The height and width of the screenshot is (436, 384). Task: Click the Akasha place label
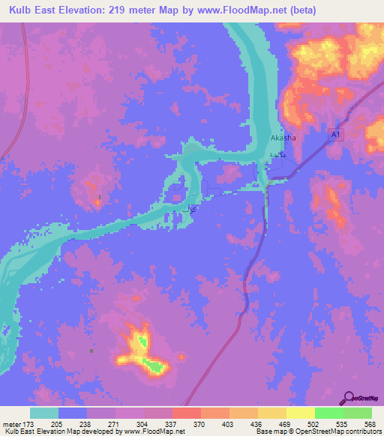[x=283, y=138]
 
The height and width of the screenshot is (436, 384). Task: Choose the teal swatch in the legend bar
[x=44, y=414]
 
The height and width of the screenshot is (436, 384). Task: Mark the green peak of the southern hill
[x=155, y=366]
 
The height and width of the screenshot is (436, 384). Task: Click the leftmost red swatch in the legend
[x=185, y=414]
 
